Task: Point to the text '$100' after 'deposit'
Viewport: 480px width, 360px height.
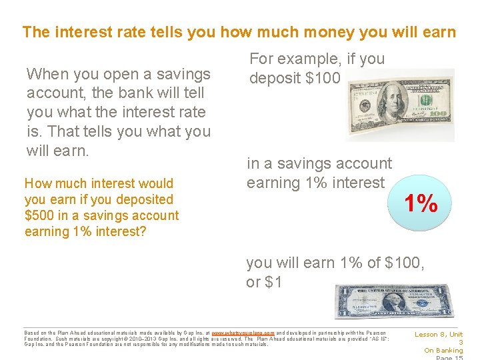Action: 323,79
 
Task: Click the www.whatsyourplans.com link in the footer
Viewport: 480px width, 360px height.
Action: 243,333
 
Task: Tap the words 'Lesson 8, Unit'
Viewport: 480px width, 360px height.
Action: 439,335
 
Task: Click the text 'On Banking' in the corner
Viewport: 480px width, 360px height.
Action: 443,351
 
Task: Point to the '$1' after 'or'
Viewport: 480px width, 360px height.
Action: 273,282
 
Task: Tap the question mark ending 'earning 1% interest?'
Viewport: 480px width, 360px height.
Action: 143,231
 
